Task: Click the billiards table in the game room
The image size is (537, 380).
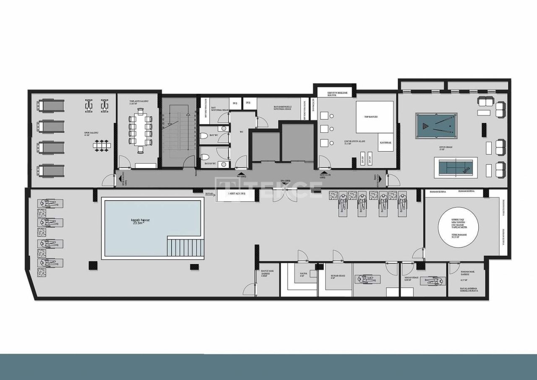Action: click(436, 126)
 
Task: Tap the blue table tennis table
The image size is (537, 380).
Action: click(455, 167)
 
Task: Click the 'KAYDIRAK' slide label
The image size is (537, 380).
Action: click(386, 143)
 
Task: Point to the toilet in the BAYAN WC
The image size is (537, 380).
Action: click(205, 157)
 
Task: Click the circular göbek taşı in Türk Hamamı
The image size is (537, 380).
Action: click(458, 227)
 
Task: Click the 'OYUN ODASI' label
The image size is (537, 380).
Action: click(444, 148)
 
